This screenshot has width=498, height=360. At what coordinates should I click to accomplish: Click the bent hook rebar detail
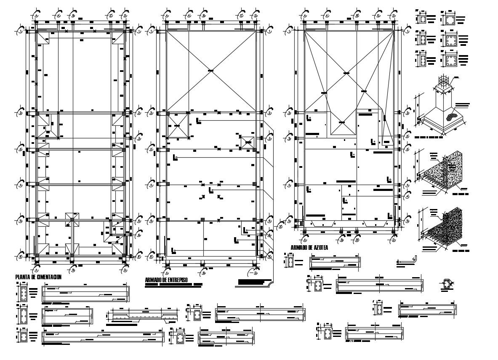(407, 261)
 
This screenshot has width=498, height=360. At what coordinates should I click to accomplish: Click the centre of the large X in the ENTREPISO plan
(210, 71)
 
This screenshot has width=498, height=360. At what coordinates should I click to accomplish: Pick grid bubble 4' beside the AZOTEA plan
(407, 196)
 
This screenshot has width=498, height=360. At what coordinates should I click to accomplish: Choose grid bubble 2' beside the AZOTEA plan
(407, 137)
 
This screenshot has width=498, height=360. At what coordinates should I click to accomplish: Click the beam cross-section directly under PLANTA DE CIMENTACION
(24, 293)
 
